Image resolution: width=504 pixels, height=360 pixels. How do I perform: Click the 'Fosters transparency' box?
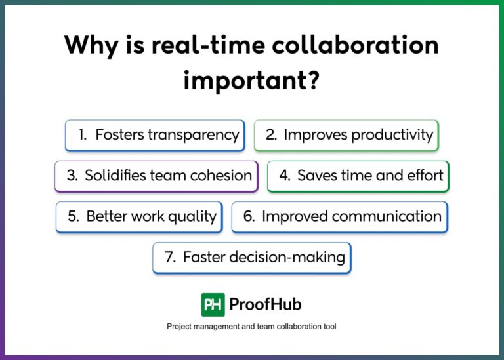tap(155, 135)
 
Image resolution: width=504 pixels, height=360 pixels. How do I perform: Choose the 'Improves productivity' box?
tap(346, 135)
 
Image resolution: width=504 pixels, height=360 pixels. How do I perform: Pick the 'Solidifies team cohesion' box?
tap(156, 176)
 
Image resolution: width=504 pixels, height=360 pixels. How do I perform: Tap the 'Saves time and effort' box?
tap(358, 176)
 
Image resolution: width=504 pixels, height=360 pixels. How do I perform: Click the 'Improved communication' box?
tap(339, 217)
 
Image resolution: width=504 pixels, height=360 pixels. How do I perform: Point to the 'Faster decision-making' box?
tap(251, 258)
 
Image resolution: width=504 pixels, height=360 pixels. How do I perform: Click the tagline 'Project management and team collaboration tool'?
tap(251, 326)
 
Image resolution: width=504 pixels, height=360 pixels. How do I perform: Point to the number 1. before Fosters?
tap(83, 135)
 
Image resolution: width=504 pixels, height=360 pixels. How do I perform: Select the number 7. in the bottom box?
tap(170, 258)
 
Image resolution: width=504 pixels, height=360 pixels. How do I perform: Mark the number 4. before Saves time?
tap(285, 176)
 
